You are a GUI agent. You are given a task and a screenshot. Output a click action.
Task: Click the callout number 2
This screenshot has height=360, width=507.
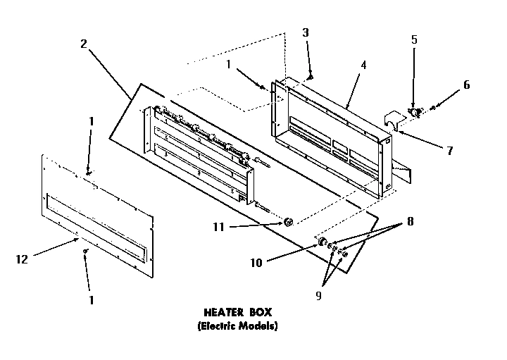tap(84, 43)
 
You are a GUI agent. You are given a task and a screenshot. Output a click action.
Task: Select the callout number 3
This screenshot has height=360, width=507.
tap(305, 32)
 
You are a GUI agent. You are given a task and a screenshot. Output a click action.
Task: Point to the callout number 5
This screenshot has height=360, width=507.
tap(414, 40)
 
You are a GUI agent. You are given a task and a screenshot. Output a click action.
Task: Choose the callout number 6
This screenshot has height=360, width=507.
tap(466, 85)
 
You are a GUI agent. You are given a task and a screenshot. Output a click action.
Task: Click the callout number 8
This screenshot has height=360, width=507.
tap(409, 221)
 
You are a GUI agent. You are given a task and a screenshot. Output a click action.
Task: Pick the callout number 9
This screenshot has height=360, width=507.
tap(318, 296)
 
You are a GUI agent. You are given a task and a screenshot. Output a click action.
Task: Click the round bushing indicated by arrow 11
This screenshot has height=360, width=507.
tap(288, 223)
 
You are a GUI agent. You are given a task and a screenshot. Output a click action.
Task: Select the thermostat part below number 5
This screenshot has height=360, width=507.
tap(414, 111)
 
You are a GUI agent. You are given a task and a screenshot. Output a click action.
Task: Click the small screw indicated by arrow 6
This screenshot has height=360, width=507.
tap(433, 106)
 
